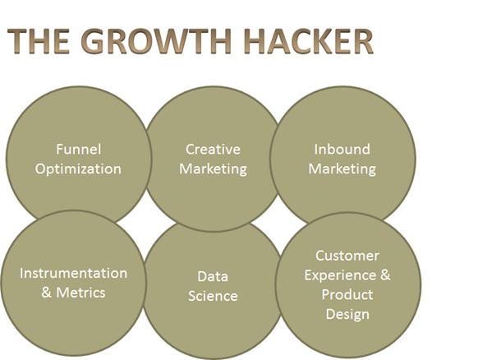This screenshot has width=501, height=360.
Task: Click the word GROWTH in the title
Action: click(156, 41)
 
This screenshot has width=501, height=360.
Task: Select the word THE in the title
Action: click(38, 41)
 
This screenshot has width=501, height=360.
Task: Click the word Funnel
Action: click(79, 150)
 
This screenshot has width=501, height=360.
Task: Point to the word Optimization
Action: click(78, 168)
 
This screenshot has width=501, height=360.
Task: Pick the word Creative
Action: click(213, 150)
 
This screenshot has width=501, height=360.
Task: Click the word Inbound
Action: click(342, 150)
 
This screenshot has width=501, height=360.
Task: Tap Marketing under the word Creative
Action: click(213, 169)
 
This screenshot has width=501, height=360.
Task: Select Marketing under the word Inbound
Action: click(342, 169)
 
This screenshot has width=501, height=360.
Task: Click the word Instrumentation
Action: click(73, 274)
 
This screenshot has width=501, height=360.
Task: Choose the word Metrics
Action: click(80, 293)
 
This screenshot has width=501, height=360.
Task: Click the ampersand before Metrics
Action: click(46, 293)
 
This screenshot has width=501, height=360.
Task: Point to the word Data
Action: click(213, 276)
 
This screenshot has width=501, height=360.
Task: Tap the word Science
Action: click(213, 296)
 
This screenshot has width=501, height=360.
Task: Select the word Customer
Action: click(347, 256)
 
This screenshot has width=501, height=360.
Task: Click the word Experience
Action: click(340, 275)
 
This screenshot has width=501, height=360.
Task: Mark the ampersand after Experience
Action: click(385, 275)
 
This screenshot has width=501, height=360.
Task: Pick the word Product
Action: click(347, 295)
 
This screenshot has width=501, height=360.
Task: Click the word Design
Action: click(347, 314)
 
